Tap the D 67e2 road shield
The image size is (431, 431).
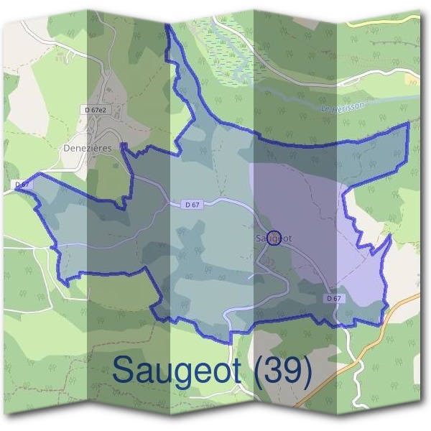(95, 110)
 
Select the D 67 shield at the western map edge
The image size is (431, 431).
(23, 185)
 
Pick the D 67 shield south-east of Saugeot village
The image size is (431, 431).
(332, 298)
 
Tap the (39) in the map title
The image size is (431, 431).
(287, 371)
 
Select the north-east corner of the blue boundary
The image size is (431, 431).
(408, 124)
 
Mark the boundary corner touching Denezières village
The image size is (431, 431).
(124, 147)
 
